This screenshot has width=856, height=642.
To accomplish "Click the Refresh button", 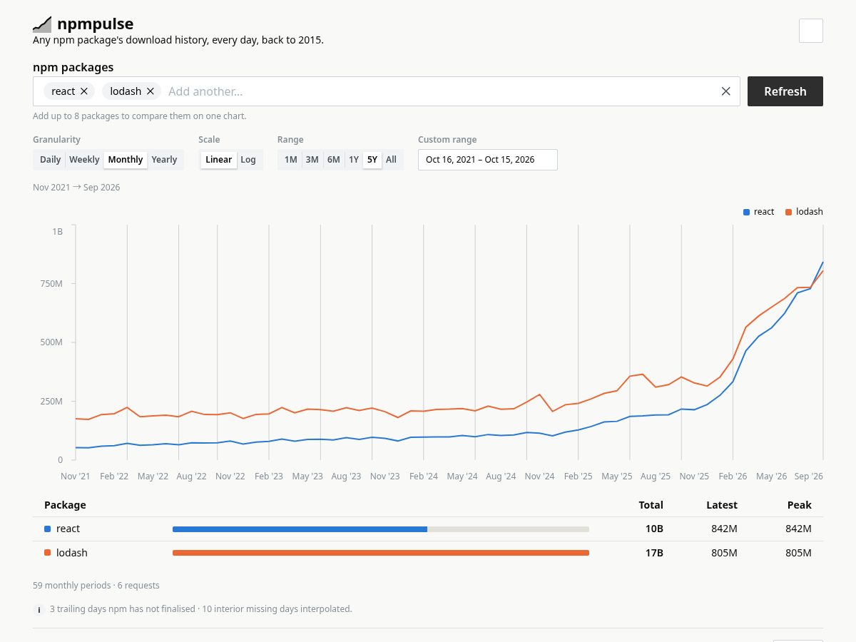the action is [785, 91].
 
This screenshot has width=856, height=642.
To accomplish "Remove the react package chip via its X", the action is [84, 91].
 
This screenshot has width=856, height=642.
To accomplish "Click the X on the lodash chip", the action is [150, 91].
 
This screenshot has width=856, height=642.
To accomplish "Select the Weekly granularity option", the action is [84, 159].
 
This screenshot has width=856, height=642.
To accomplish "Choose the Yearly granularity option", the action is [164, 159].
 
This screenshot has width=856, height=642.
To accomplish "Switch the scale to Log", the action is [248, 159].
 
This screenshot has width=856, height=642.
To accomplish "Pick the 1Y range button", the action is [354, 159].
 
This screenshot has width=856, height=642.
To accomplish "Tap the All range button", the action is [391, 159].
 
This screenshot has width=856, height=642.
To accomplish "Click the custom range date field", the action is [487, 160].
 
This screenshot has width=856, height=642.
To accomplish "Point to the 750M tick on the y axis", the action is [51, 283].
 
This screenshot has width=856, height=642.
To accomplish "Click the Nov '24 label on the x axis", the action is [539, 477].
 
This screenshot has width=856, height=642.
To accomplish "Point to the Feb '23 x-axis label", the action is [269, 477].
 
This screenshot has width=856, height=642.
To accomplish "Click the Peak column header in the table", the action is [799, 505].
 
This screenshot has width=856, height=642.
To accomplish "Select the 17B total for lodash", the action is [654, 553].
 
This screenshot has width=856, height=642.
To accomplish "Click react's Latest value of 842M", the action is [724, 529].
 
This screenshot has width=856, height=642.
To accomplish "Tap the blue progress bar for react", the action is [300, 529].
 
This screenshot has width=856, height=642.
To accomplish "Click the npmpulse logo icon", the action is [42, 24].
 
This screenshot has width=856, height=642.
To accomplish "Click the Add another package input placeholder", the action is [205, 91].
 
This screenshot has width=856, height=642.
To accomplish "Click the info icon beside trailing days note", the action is [39, 610].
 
